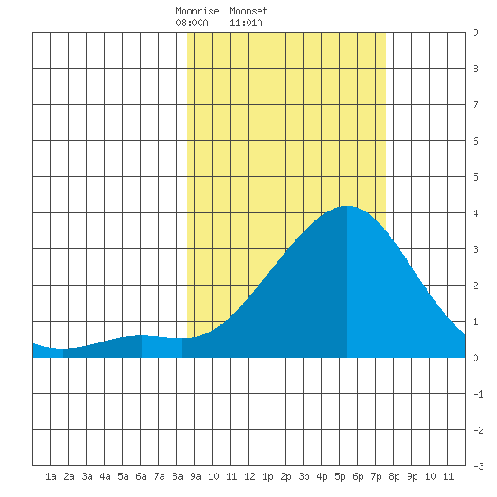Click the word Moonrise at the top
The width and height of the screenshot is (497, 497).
point(197,11)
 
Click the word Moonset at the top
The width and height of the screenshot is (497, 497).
point(248,11)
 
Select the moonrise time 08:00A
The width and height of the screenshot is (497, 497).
point(192,23)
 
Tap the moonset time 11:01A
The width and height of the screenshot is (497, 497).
point(246,23)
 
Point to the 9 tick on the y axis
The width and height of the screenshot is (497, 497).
point(475,33)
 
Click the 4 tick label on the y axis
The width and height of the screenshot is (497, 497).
point(475,213)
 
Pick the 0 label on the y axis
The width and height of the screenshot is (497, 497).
point(475,358)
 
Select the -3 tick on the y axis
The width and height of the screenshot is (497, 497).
point(478,466)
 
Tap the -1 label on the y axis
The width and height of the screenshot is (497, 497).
point(478,394)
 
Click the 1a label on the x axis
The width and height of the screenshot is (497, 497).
point(51,476)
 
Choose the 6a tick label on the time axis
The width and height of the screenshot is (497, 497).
point(141,476)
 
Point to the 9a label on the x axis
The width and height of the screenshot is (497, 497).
point(195,476)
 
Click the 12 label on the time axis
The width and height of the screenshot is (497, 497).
point(249,476)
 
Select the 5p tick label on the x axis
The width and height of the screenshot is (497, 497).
point(340,476)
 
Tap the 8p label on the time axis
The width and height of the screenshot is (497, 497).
point(394,476)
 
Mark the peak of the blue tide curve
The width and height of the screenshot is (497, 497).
point(347,206)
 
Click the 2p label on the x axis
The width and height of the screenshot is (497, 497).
point(286,476)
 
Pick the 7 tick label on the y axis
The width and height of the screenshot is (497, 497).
point(475,105)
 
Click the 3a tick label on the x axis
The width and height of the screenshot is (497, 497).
point(87,476)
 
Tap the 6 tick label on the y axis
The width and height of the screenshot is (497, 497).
point(475,141)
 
